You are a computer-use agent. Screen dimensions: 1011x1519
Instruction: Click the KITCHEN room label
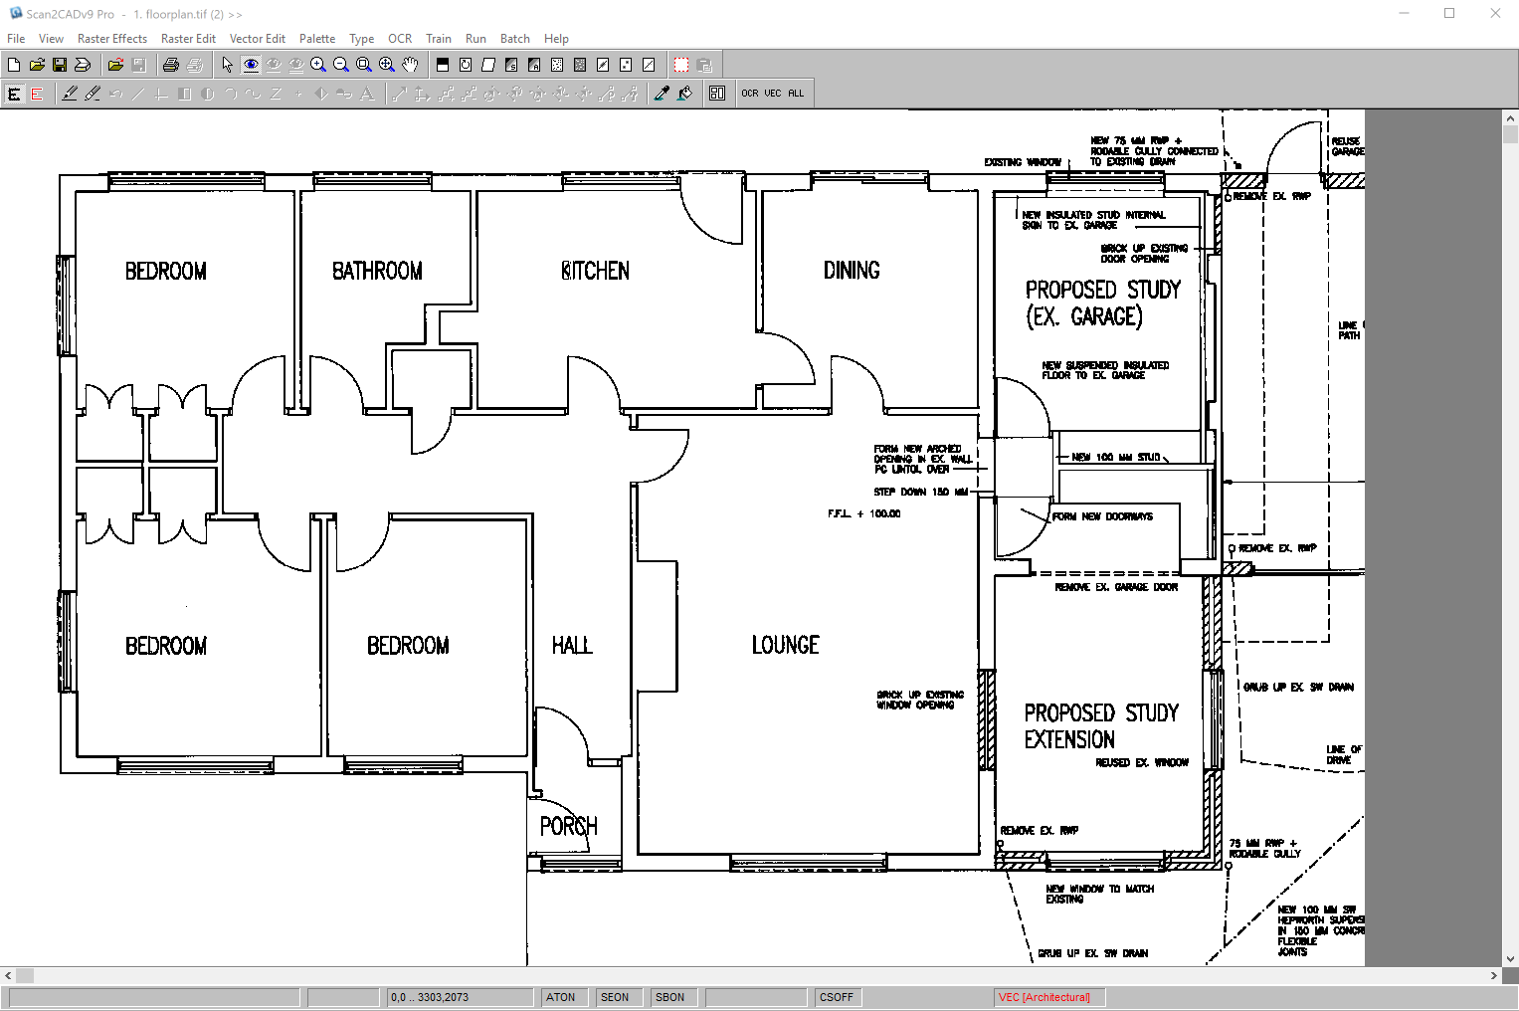[596, 271]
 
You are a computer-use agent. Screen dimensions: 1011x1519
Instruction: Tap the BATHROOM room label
[377, 271]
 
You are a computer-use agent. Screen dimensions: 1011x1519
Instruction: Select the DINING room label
[852, 270]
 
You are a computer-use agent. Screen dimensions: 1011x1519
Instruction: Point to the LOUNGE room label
[785, 645]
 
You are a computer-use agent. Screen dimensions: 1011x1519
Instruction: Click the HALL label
[572, 646]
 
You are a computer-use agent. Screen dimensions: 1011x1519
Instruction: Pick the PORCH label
[568, 826]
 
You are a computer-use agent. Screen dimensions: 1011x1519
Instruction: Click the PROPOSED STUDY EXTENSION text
[1100, 726]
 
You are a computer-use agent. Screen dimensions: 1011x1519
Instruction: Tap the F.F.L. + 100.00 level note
[863, 513]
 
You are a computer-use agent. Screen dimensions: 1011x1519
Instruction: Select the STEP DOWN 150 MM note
[920, 492]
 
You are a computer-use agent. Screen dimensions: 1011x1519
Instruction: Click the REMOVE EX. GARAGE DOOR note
[1115, 587]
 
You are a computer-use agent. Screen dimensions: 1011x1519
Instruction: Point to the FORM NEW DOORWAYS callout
[1102, 516]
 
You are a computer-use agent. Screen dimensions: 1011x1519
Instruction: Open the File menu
[16, 39]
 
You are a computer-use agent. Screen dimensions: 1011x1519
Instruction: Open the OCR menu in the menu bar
[400, 39]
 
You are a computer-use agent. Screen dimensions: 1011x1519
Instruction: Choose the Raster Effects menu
[112, 39]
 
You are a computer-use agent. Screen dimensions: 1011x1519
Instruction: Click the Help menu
[556, 39]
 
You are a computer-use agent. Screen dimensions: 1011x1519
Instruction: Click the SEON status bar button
[615, 997]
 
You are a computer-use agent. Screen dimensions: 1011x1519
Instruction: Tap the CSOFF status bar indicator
[837, 997]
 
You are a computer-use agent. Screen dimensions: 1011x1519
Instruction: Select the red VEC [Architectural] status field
[1044, 997]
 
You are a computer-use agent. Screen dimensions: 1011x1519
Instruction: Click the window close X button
[1495, 14]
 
